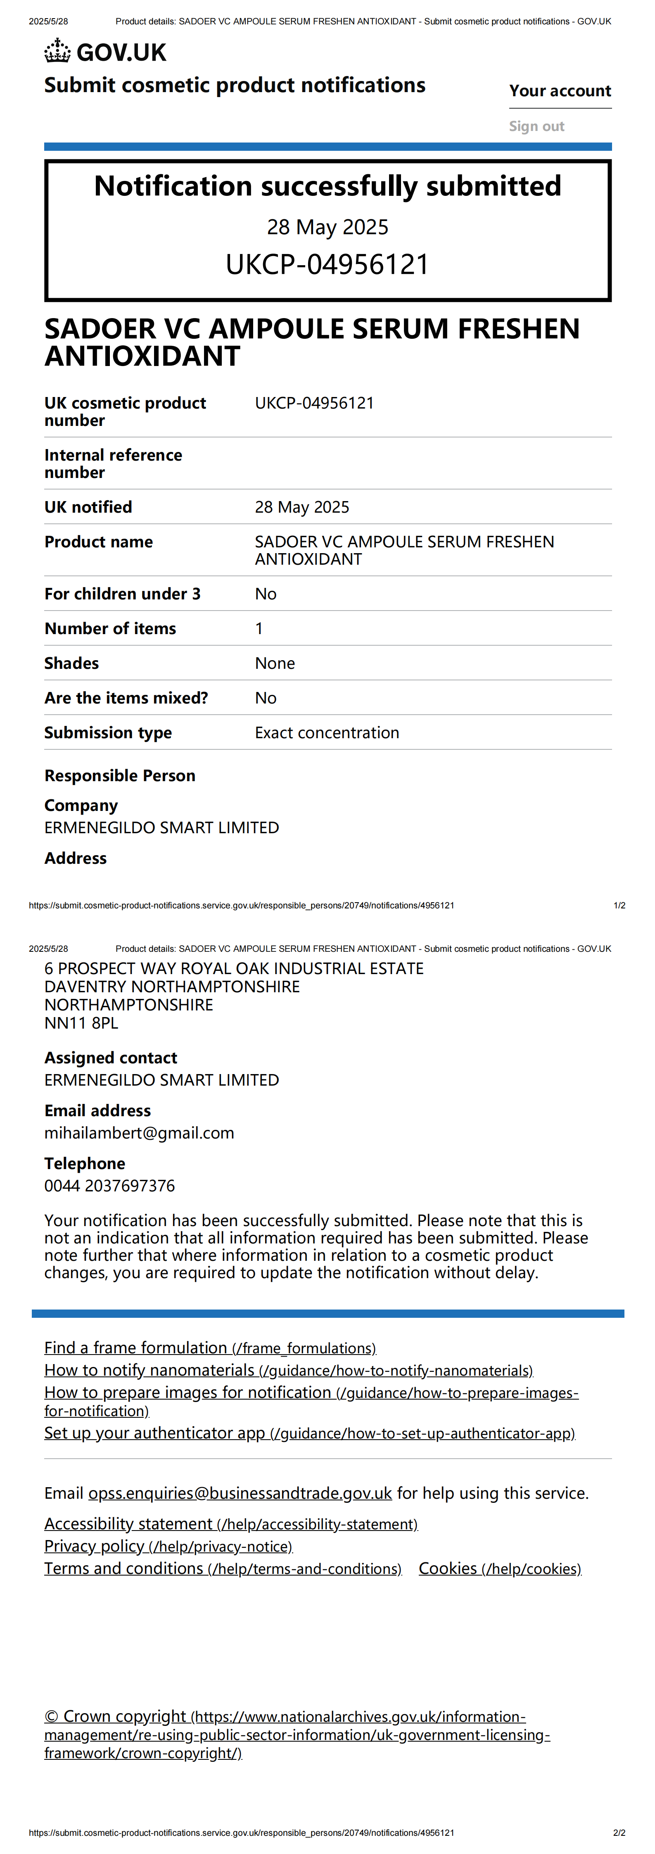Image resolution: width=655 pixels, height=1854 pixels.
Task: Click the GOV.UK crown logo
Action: (x=57, y=52)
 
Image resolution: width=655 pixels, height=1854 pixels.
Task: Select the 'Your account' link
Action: (x=560, y=91)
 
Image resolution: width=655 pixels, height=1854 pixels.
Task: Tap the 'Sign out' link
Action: (x=536, y=127)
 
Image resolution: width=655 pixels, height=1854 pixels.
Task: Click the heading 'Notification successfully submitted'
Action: (x=327, y=186)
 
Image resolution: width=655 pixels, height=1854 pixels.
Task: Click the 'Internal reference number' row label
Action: (x=113, y=463)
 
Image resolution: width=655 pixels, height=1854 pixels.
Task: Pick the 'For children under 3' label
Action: (x=122, y=594)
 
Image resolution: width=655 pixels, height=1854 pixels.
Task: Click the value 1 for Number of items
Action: (x=259, y=628)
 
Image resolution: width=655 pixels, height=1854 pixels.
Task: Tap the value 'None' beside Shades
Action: (x=275, y=663)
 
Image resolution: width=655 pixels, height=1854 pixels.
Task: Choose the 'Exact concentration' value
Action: (x=327, y=733)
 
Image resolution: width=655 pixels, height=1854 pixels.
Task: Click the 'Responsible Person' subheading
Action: (x=119, y=776)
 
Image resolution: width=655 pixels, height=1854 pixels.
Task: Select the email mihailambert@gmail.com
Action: (x=139, y=1133)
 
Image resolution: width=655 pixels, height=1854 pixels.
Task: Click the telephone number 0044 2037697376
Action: (x=109, y=1185)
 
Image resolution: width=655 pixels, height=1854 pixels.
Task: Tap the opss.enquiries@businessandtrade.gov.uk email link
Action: (x=240, y=1493)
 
